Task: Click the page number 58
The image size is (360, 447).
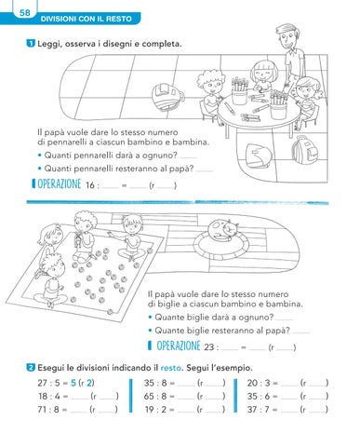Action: [25, 12]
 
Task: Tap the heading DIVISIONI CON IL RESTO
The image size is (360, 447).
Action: [86, 19]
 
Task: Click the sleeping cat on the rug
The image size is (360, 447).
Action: [221, 230]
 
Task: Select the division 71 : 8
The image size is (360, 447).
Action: [48, 410]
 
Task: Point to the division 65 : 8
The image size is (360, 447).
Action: [155, 396]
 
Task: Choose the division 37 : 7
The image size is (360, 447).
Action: [259, 410]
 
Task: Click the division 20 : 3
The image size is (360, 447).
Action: [259, 383]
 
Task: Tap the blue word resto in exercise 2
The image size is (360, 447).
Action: [171, 368]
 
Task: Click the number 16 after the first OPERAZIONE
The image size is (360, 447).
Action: [90, 185]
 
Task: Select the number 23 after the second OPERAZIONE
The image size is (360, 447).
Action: [209, 346]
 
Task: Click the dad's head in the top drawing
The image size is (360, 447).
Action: [287, 35]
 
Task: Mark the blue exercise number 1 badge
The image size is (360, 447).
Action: [31, 44]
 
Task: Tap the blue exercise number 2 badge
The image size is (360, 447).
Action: [31, 368]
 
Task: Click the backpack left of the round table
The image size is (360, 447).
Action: [167, 96]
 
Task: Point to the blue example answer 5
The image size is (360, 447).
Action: [73, 383]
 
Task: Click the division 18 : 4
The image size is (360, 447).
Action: [48, 396]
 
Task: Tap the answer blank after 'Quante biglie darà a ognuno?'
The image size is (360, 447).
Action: [284, 319]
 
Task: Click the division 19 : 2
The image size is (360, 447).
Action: [155, 410]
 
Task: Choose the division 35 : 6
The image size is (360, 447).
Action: [259, 396]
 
